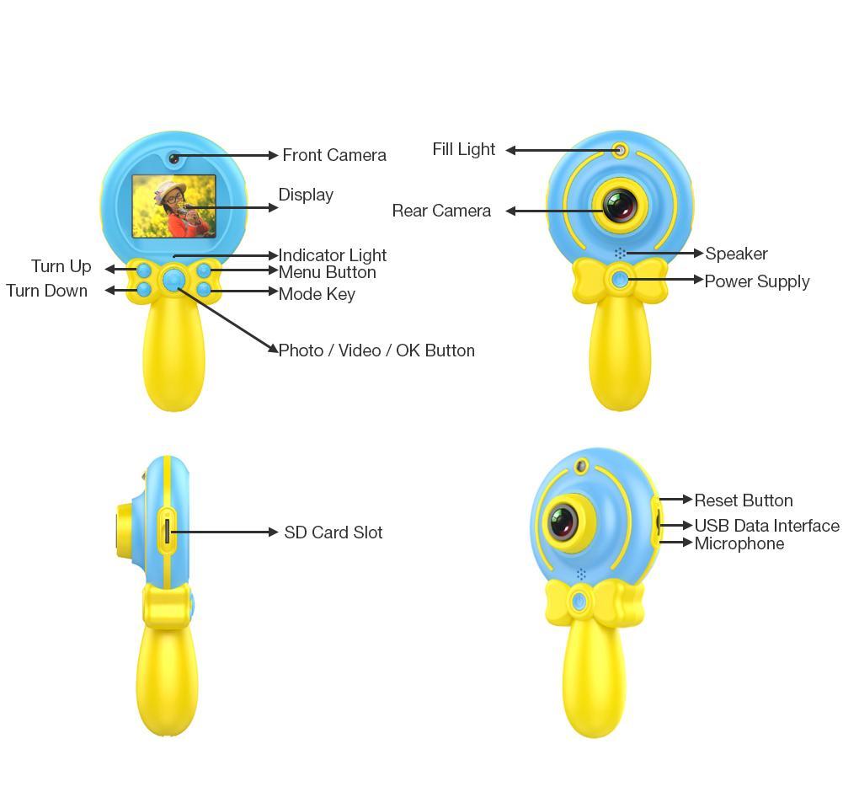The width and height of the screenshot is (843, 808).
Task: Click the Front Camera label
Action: pyautogui.click(x=334, y=155)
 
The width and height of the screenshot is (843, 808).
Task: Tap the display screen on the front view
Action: pyautogui.click(x=173, y=206)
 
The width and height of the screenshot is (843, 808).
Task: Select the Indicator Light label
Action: pyautogui.click(x=333, y=254)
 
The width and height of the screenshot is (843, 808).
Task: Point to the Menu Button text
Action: pyautogui.click(x=327, y=272)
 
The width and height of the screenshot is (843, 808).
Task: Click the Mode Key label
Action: pyautogui.click(x=317, y=294)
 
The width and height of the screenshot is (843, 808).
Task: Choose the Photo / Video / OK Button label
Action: pyautogui.click(x=376, y=350)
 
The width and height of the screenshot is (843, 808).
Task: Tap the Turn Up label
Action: pyautogui.click(x=61, y=266)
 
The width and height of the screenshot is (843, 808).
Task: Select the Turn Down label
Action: pyautogui.click(x=47, y=291)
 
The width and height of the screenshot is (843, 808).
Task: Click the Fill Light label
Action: pyautogui.click(x=464, y=149)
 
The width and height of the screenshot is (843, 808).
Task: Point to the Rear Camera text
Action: pyautogui.click(x=441, y=211)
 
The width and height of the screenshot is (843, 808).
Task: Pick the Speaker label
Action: pyautogui.click(x=736, y=254)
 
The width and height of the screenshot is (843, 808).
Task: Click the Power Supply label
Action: pyautogui.click(x=757, y=281)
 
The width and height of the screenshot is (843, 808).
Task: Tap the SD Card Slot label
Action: pyautogui.click(x=333, y=532)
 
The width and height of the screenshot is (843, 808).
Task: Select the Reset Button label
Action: pyautogui.click(x=744, y=500)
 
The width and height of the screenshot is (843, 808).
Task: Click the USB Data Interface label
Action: pyautogui.click(x=766, y=526)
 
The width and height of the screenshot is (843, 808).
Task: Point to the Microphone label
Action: pyautogui.click(x=739, y=543)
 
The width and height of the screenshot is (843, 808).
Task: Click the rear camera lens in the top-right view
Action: pyautogui.click(x=621, y=205)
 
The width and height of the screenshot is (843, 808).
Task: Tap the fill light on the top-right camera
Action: pyautogui.click(x=621, y=151)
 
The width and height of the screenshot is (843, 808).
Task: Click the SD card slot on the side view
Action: pyautogui.click(x=167, y=531)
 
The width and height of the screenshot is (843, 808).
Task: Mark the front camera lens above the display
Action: pyautogui.click(x=173, y=158)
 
